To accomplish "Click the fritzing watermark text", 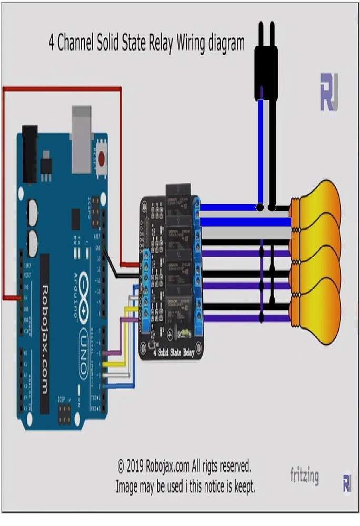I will (x=304, y=476).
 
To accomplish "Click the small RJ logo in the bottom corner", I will (x=347, y=483).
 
